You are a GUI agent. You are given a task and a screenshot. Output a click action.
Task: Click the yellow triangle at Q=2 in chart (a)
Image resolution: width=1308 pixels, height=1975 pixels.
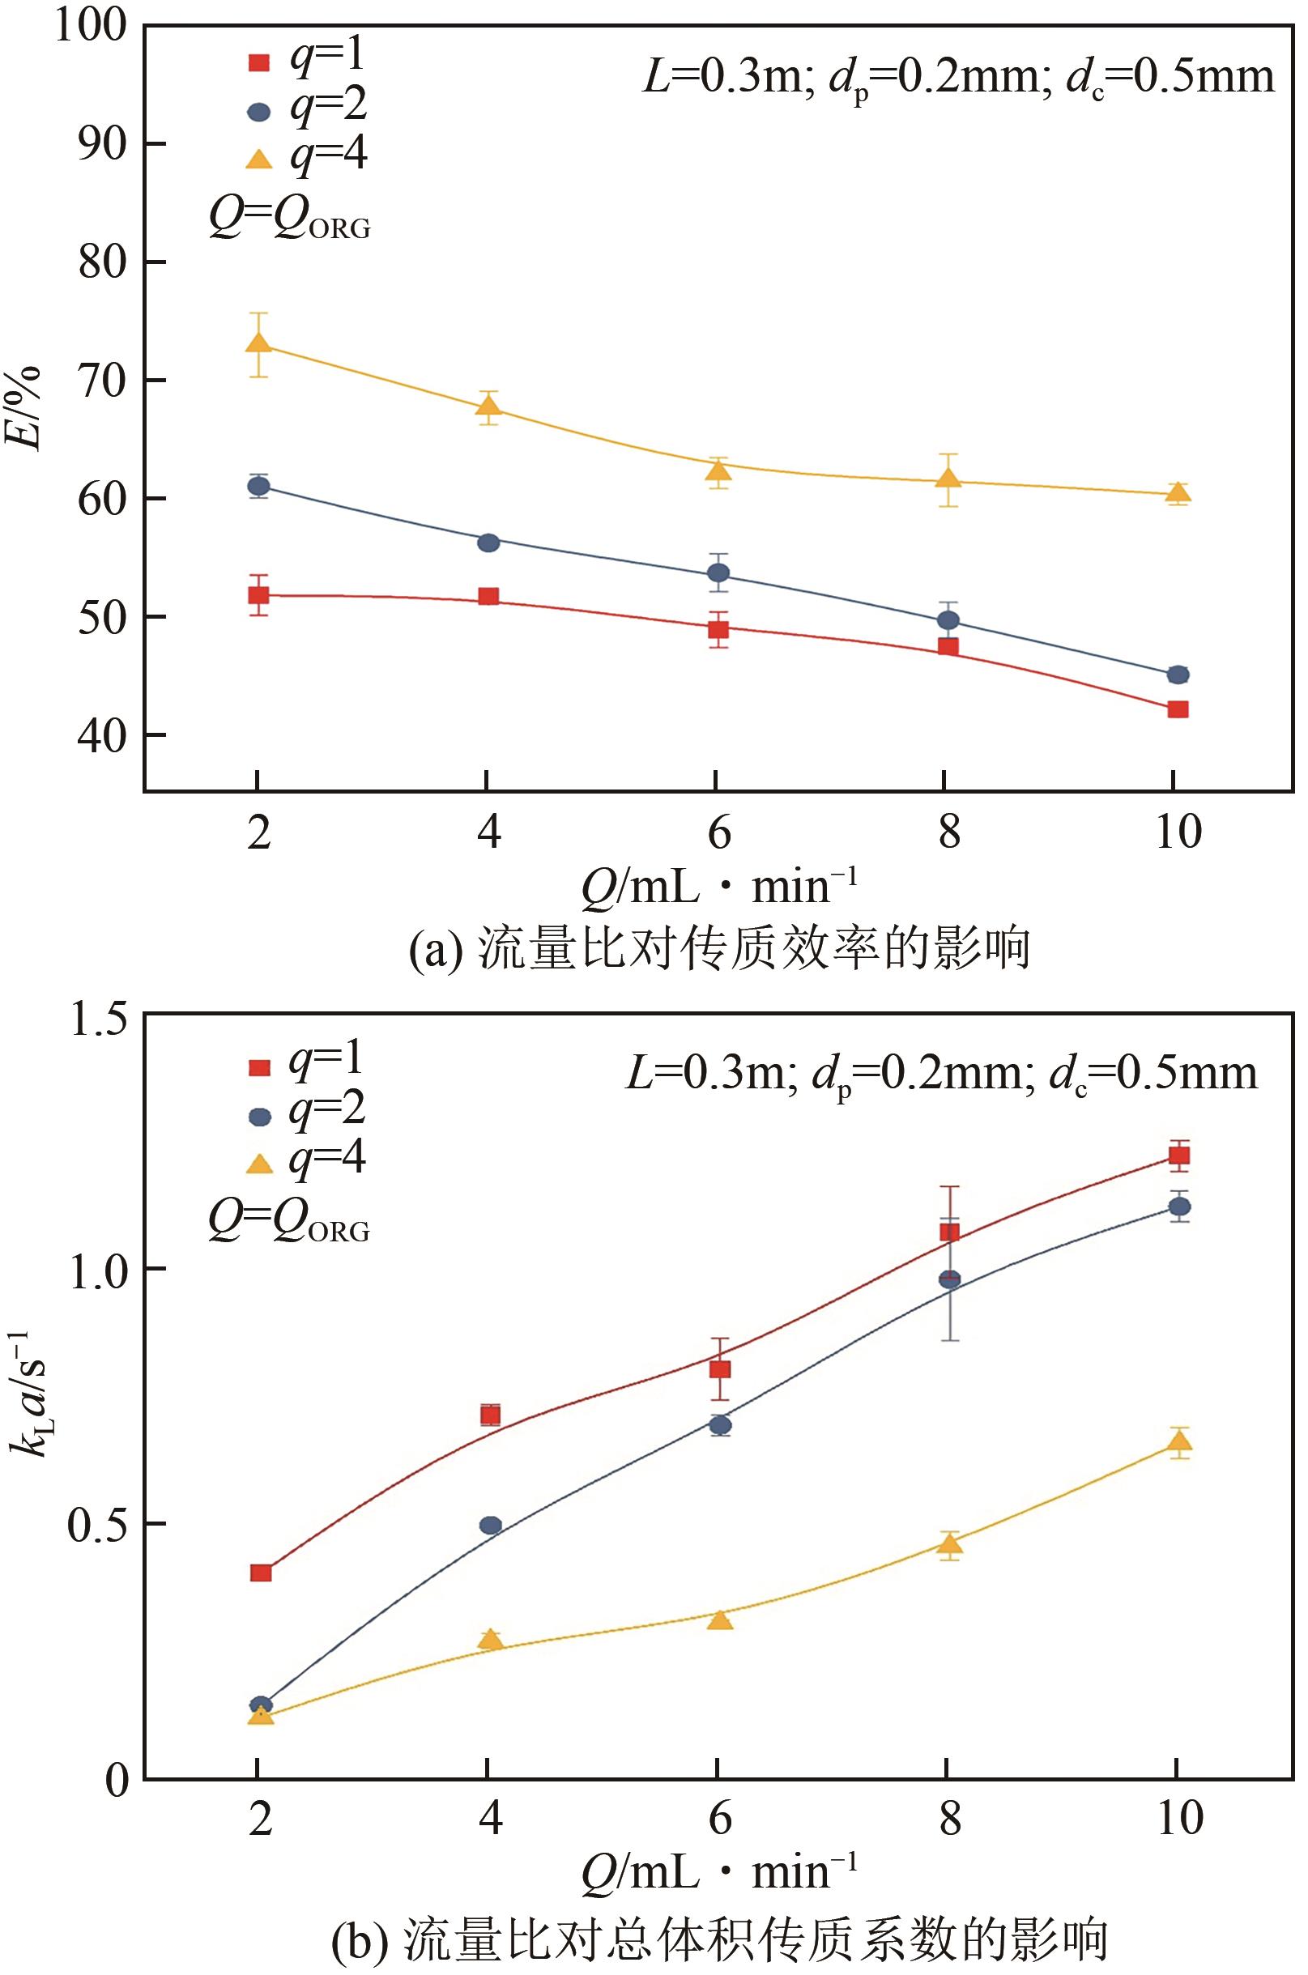point(258,343)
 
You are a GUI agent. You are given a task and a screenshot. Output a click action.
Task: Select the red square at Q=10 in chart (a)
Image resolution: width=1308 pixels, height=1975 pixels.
point(1177,709)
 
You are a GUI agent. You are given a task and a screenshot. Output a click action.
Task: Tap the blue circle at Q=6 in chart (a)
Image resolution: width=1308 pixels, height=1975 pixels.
point(718,573)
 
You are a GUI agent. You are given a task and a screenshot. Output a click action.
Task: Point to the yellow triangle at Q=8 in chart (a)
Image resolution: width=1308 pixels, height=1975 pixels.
point(948,479)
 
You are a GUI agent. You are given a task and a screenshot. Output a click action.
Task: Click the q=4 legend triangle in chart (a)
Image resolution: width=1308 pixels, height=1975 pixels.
point(260,160)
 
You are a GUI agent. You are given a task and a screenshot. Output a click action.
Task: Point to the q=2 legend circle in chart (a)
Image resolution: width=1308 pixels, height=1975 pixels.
point(259,112)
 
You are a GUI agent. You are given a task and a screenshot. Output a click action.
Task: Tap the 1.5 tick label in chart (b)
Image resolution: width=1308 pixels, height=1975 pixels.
point(98,1019)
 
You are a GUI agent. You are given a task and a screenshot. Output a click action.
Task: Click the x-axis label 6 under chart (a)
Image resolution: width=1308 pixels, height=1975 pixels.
point(718,832)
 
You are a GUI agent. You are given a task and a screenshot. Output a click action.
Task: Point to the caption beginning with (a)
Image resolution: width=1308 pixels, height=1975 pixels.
point(719,949)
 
